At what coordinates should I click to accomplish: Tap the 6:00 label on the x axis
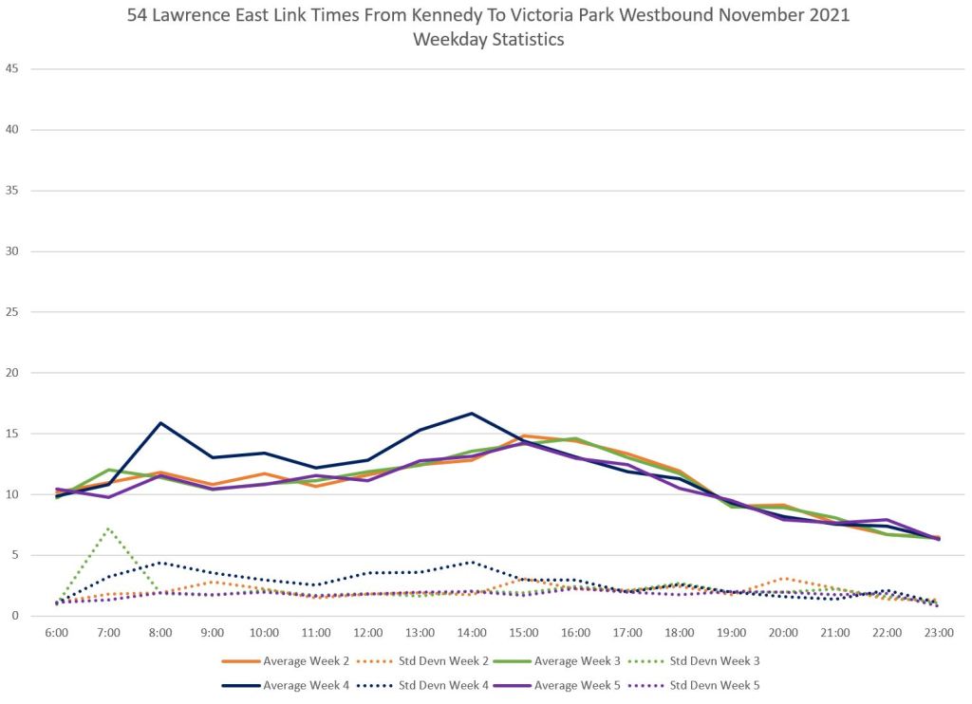click(56, 631)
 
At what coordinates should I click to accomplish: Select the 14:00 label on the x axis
click(472, 631)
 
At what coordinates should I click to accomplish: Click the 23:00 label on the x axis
click(939, 631)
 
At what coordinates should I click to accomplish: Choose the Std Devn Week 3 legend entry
click(717, 660)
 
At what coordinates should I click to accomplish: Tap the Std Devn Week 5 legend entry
click(717, 684)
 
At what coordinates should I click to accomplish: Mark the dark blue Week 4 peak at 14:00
click(472, 413)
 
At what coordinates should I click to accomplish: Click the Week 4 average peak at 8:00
click(160, 423)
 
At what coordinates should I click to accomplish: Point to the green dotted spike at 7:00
click(108, 528)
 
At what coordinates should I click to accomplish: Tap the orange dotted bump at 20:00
click(783, 578)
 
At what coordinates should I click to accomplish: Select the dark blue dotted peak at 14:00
click(472, 562)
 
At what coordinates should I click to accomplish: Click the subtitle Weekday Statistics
click(488, 40)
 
